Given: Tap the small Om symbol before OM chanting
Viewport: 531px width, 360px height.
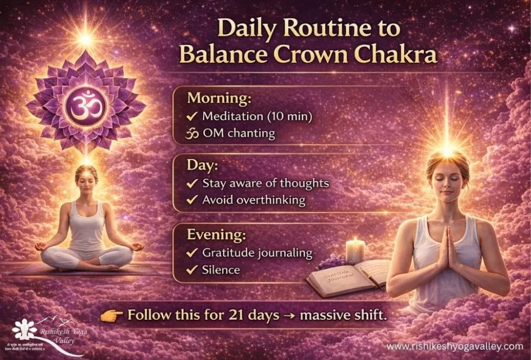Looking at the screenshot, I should (193, 134).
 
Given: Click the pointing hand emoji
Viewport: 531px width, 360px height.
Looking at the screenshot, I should (117, 315).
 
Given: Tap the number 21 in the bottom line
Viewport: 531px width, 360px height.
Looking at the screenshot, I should (237, 314).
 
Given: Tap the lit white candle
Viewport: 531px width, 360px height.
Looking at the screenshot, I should (355, 251).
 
